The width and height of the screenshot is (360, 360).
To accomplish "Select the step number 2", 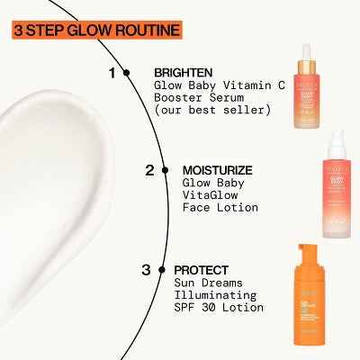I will pyautogui.click(x=149, y=169).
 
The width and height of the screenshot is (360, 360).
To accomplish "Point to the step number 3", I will pyautogui.click(x=145, y=268).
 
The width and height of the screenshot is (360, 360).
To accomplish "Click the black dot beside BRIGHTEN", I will pyautogui.click(x=127, y=72).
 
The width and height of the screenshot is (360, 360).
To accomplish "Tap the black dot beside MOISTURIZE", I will pyautogui.click(x=165, y=169).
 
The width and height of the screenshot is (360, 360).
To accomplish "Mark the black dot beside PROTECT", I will pyautogui.click(x=160, y=268).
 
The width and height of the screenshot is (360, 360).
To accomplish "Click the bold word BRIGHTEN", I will pyautogui.click(x=183, y=72).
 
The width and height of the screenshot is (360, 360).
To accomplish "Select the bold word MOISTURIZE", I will pyautogui.click(x=217, y=169).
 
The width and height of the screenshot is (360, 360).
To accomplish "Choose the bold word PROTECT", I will pyautogui.click(x=201, y=268).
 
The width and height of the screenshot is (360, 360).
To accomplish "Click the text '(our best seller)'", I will pyautogui.click(x=212, y=110).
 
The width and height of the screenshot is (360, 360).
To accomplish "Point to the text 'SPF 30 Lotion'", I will pyautogui.click(x=220, y=307).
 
